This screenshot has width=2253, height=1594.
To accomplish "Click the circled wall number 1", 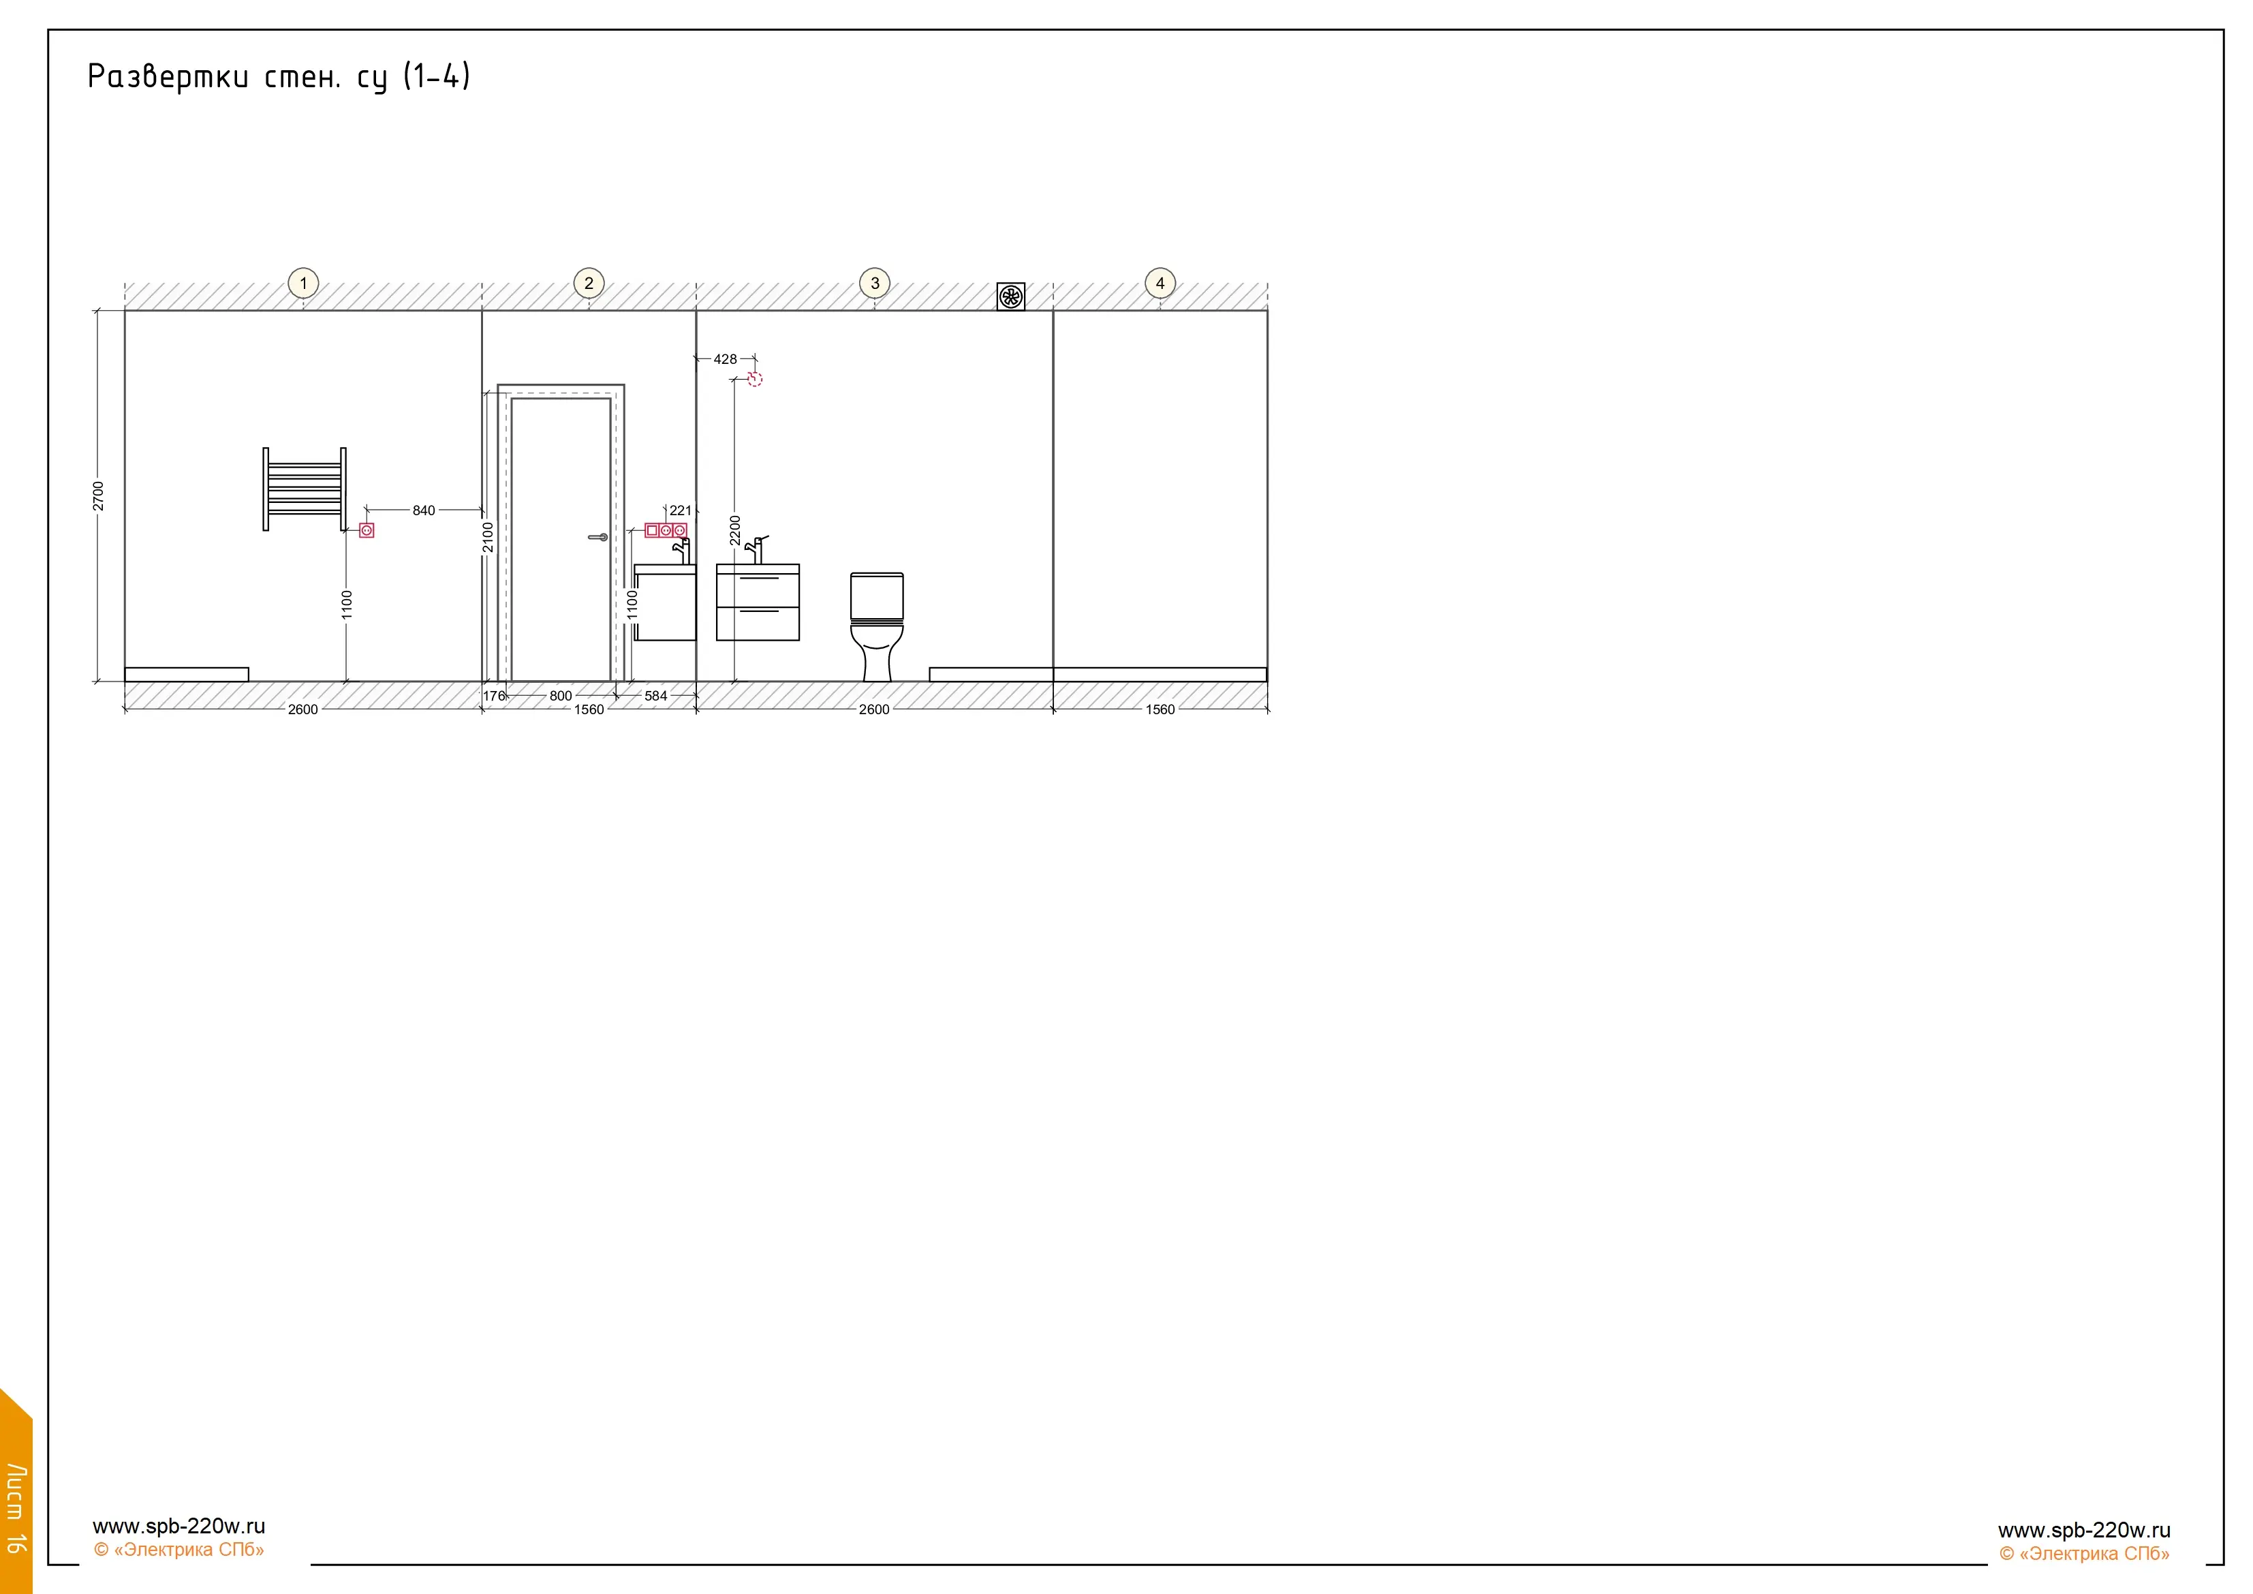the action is coord(303,283).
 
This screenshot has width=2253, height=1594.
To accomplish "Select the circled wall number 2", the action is coord(589,283).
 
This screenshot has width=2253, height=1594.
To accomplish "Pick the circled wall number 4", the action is coord(1160,283).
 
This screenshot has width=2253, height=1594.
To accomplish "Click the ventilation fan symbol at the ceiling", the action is coord(1011,296).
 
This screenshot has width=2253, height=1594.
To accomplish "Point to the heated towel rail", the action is coord(305,489).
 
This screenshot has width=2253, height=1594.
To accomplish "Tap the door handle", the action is coord(597,537).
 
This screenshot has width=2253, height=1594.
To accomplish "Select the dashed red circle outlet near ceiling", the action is coord(755,379).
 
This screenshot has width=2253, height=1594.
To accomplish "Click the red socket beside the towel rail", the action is coord(367,530).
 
